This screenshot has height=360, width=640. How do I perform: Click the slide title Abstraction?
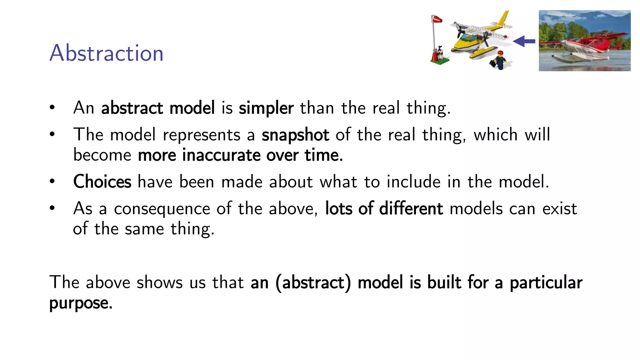click(106, 53)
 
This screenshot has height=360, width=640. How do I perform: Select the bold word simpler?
click(266, 108)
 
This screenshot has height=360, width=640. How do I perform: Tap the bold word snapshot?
click(295, 135)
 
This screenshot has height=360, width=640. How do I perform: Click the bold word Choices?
click(102, 182)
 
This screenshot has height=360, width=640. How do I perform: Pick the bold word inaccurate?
click(221, 155)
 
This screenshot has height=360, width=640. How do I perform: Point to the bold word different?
click(411, 208)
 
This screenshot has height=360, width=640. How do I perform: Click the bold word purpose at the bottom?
click(81, 303)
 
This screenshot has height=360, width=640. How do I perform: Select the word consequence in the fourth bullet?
click(162, 209)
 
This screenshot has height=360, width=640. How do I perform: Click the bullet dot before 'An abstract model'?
click(52, 107)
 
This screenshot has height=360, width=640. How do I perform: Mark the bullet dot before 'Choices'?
click(52, 181)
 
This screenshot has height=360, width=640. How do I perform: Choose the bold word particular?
click(546, 283)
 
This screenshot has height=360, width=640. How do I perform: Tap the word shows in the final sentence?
click(159, 282)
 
